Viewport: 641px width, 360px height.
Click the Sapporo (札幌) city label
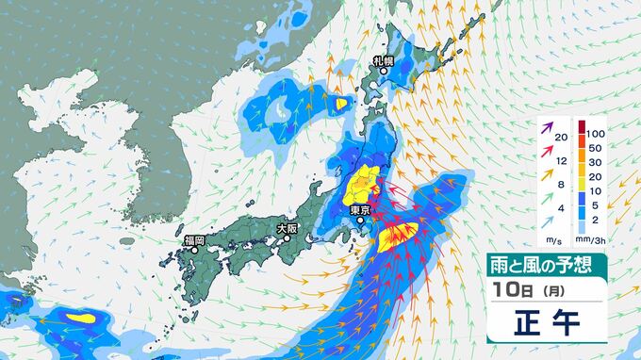[382, 61]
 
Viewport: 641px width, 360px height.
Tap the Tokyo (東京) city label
[358, 210]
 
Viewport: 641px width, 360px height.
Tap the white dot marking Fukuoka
[189, 253]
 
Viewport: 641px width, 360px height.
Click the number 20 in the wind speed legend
[561, 138]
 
